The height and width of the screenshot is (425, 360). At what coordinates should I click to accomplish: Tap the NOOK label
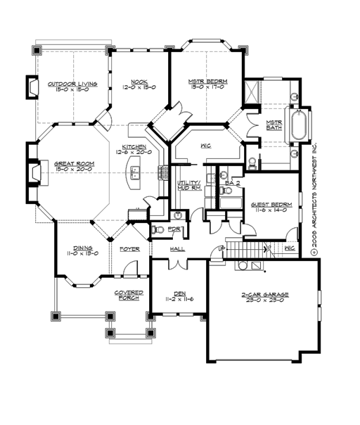pos(139,82)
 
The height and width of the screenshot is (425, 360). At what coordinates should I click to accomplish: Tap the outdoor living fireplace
pos(32,87)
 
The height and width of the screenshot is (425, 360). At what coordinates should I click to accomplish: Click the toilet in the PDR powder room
pos(159,229)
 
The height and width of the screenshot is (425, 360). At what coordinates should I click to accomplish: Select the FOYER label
pos(129,248)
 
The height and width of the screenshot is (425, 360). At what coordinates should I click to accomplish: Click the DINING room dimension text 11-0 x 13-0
pos(82,253)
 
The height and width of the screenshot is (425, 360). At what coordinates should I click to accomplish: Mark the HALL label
pos(177,248)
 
